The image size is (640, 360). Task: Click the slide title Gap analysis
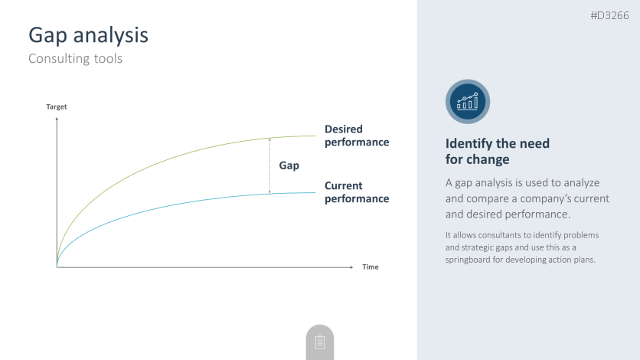tap(88, 35)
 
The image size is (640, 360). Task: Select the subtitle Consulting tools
tap(75, 58)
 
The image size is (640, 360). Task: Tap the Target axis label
tap(57, 106)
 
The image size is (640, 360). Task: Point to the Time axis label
tap(371, 267)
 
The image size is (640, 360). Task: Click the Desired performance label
tap(357, 136)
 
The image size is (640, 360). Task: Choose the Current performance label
tap(357, 191)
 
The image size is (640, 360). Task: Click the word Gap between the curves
tap(289, 165)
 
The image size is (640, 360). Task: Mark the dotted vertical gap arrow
tap(269, 165)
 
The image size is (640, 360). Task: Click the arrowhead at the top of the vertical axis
tap(57, 119)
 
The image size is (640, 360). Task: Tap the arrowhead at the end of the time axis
tap(351, 267)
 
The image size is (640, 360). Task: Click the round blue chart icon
tap(467, 102)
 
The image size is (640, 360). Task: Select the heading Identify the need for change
tap(497, 151)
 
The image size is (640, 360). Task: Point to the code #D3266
tap(609, 15)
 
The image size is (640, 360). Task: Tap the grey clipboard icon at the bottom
tap(319, 342)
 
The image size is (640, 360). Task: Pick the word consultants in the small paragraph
tap(500, 235)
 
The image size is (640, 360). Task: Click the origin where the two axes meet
tap(57, 267)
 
